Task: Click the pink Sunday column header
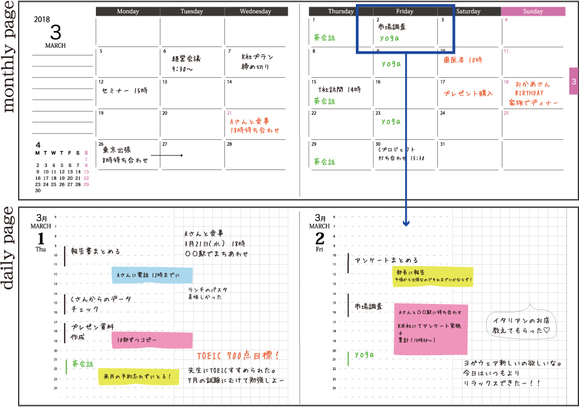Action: pos(533,11)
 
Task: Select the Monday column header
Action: pos(128,11)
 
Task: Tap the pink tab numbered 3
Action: pos(574,81)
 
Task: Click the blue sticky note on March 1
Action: pos(151,276)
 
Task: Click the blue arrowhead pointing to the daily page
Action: pos(406,222)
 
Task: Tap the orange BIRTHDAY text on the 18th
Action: pos(529,93)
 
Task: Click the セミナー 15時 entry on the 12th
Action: pos(125,90)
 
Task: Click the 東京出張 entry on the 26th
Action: pos(117,150)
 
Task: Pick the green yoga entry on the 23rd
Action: pos(390,121)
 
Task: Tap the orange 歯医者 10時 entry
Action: pos(463,60)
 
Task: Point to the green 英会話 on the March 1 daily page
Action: pos(83,364)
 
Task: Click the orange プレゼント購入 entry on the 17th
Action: pos(468,93)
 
